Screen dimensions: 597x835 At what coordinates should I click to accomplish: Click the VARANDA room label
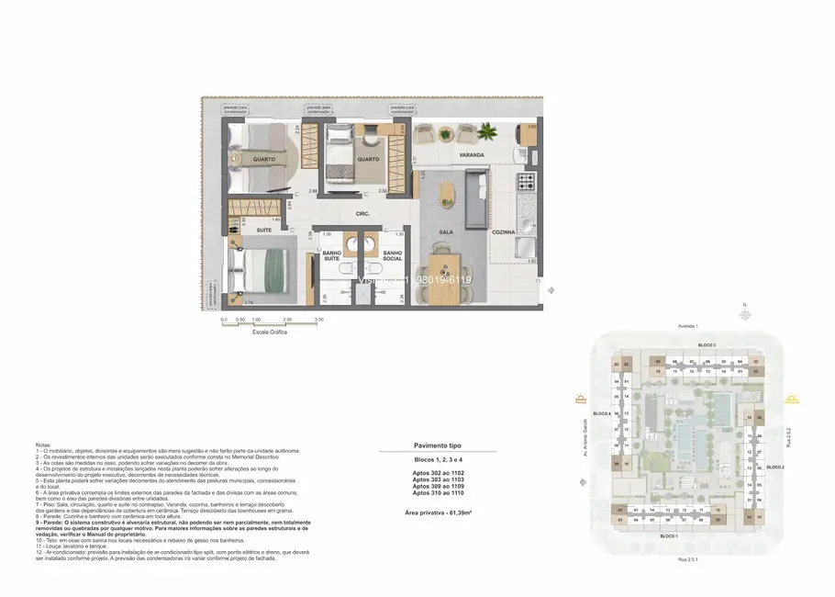point(472,155)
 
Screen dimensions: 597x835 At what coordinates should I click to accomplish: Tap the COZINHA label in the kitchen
point(503,232)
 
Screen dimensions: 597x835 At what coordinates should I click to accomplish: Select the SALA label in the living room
point(447,233)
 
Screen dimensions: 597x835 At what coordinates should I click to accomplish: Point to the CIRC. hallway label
point(362,214)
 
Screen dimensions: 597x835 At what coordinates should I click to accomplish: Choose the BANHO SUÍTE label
point(332,255)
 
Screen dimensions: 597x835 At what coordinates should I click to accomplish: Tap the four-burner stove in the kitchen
point(527,178)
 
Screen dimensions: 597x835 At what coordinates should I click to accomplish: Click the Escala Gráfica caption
point(270,332)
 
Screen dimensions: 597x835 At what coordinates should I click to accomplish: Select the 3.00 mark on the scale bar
point(318,320)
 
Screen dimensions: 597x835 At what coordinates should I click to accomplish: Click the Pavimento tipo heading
point(438,445)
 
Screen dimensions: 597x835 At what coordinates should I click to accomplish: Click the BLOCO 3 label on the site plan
point(707,344)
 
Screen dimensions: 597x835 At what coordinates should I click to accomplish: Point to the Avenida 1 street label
point(688,326)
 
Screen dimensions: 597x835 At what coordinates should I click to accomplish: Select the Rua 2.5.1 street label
point(687,557)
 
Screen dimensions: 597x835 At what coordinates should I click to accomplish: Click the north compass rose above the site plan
point(748,312)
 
